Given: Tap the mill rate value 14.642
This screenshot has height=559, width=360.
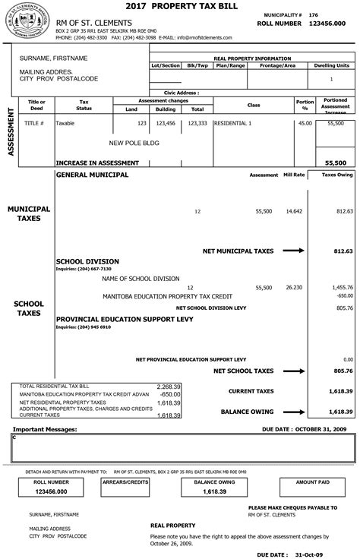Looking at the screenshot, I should click(x=294, y=211).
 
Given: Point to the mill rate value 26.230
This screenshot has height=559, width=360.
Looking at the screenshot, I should click(x=294, y=288).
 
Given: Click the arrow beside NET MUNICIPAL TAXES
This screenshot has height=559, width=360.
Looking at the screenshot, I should click(x=293, y=250).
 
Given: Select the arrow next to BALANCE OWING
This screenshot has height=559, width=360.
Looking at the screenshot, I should click(x=293, y=411).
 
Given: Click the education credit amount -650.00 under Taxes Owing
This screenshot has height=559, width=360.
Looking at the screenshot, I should click(x=343, y=295).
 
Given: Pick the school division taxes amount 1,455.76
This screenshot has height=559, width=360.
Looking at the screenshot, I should click(x=342, y=288).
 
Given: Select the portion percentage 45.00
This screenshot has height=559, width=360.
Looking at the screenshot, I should click(x=305, y=122).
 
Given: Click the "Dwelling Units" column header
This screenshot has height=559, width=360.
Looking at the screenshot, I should click(x=331, y=66).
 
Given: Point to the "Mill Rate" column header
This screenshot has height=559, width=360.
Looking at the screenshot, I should click(x=294, y=175).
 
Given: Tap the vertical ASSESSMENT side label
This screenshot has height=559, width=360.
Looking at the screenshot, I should click(x=11, y=131).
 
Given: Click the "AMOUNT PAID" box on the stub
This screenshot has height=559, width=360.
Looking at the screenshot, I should click(x=312, y=482).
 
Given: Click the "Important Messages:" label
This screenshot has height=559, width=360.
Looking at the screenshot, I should click(x=43, y=429).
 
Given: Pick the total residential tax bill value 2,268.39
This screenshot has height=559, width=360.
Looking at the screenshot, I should click(x=168, y=386).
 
